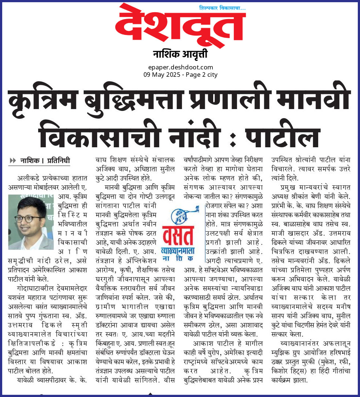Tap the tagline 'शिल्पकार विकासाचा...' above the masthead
point(222,8)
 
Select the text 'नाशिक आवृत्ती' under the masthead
point(180,55)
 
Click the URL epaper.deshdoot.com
point(180,67)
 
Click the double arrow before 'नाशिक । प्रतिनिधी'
point(13,160)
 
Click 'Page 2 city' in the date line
point(203,75)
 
